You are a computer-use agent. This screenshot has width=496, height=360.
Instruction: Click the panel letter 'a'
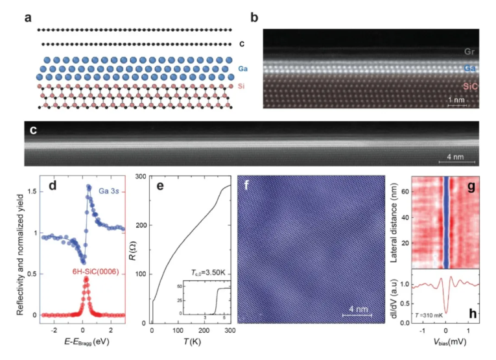tap(29, 18)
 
